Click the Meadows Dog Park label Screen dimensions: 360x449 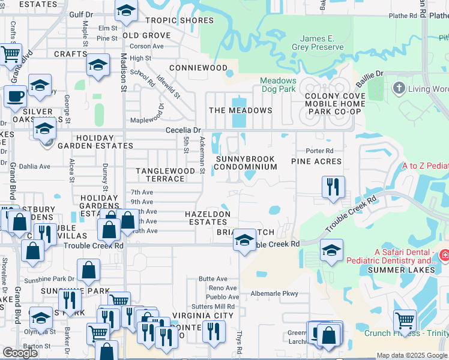click(278, 85)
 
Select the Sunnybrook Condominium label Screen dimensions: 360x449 click(246, 163)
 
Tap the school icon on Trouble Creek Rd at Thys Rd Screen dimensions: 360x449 click(244, 241)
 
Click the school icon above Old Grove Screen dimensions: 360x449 click(126, 11)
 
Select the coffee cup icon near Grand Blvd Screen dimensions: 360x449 click(15, 95)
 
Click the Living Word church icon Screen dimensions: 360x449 click(398, 89)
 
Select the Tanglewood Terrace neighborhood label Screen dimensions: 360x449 click(165, 175)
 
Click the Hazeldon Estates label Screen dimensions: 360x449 click(207, 218)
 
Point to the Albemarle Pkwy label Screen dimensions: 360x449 click(274, 293)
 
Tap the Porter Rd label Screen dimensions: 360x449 click(319, 151)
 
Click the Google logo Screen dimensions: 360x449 click(20, 352)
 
